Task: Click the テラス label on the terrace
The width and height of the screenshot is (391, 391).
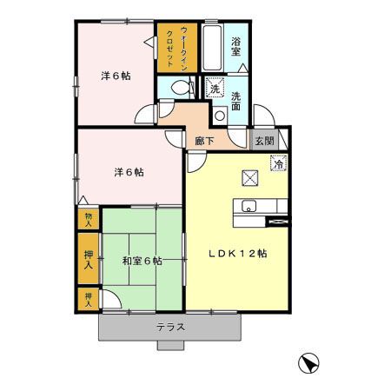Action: click(x=171, y=328)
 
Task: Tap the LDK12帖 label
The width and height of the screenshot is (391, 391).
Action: click(x=236, y=253)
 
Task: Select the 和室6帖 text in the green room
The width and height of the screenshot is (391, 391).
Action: click(x=141, y=260)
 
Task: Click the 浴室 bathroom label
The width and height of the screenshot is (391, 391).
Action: click(x=236, y=47)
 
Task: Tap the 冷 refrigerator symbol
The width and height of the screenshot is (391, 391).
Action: click(x=279, y=162)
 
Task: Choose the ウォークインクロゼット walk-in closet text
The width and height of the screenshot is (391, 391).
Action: click(x=177, y=50)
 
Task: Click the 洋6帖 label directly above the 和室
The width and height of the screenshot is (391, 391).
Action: click(x=128, y=171)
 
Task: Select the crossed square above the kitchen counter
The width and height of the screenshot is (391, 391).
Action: click(x=249, y=177)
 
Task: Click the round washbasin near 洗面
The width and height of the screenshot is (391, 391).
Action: click(x=219, y=114)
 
